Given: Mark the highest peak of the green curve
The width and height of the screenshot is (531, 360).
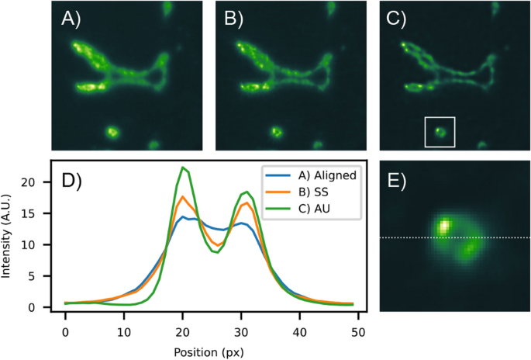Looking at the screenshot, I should point(183,168).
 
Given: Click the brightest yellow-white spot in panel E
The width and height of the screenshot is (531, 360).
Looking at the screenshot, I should point(444,227).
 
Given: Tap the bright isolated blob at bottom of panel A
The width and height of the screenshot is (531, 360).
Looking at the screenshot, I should point(112,132).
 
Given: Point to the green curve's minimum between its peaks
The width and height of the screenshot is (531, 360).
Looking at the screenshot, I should point(217,252).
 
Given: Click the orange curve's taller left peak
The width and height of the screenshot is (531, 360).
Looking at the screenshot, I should point(183,196).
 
